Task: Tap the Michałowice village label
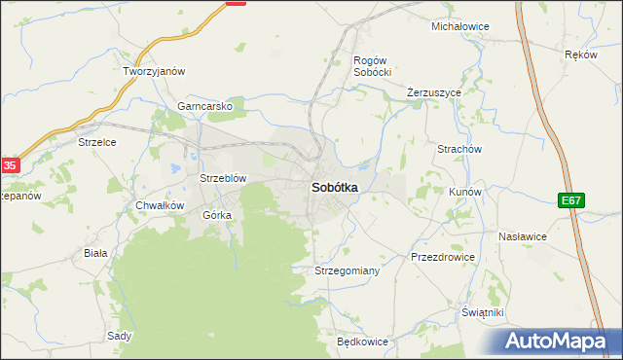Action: (459, 26)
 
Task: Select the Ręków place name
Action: (580, 55)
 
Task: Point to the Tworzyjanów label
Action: (154, 71)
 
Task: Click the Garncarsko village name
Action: (204, 107)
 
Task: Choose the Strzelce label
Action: (97, 142)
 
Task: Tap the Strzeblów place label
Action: (223, 178)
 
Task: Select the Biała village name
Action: (95, 252)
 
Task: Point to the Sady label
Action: (120, 336)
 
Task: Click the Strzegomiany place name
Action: (347, 270)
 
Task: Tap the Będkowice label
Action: (362, 342)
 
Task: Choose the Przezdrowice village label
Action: (443, 257)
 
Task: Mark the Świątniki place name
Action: (483, 312)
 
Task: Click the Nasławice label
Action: (523, 236)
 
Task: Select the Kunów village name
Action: (465, 192)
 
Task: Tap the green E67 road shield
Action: (571, 200)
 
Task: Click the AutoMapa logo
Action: (560, 341)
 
